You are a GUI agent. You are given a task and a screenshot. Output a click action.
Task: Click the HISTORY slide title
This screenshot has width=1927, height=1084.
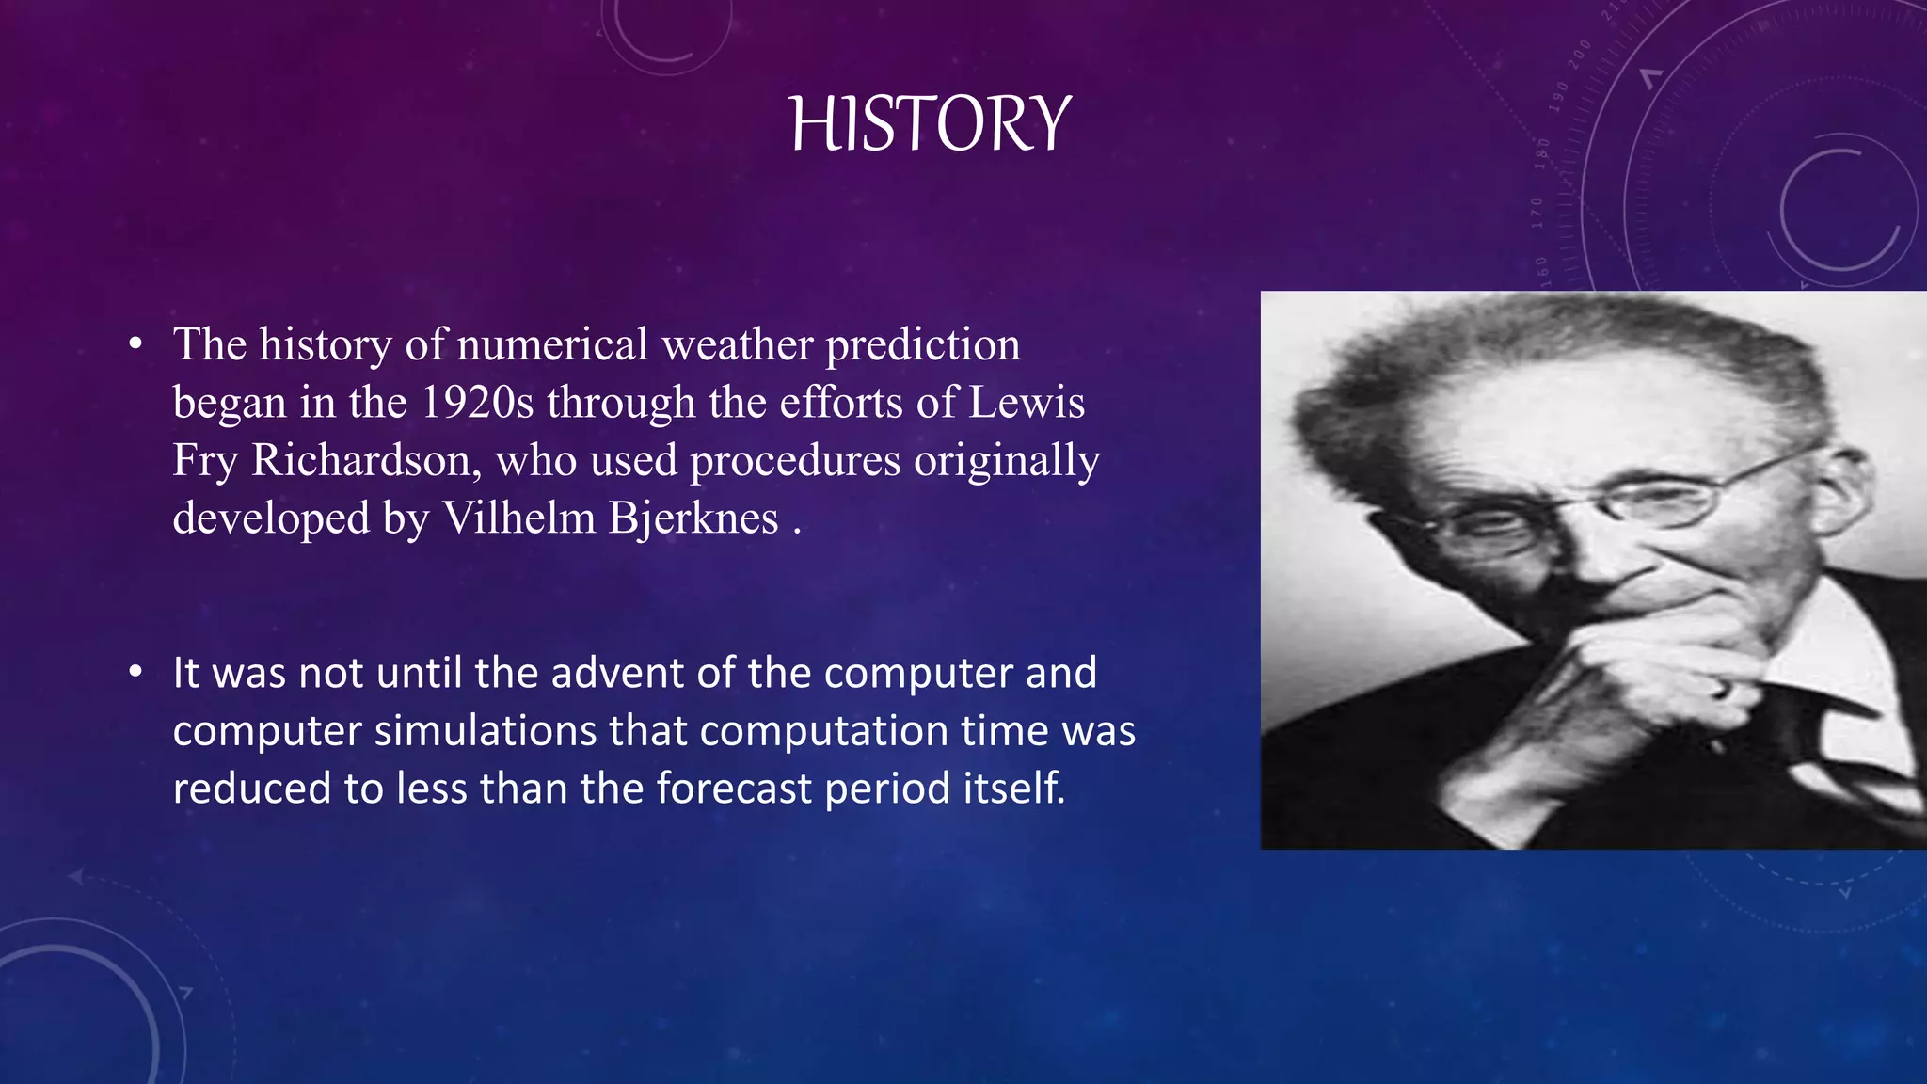[x=930, y=125]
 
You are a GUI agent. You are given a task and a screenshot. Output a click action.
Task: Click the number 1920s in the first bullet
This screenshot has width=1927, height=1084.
[x=476, y=403]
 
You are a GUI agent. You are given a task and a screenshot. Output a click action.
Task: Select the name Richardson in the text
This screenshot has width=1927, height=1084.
[x=360, y=461]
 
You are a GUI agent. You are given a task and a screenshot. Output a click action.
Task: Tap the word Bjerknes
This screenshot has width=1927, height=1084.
[x=693, y=518]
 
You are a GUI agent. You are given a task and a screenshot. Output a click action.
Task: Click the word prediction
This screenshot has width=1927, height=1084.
[x=923, y=344]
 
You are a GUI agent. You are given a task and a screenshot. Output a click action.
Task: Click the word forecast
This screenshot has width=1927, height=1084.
[x=733, y=789]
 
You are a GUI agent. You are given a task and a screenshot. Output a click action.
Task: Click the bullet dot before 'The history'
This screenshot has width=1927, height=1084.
[x=136, y=344]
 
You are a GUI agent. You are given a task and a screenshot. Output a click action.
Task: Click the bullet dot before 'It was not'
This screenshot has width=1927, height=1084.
[x=136, y=673]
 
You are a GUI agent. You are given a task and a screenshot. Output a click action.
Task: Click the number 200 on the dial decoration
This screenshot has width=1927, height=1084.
[x=1579, y=54]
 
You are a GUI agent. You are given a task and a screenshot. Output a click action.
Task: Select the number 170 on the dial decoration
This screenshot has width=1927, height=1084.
[x=1537, y=213]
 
